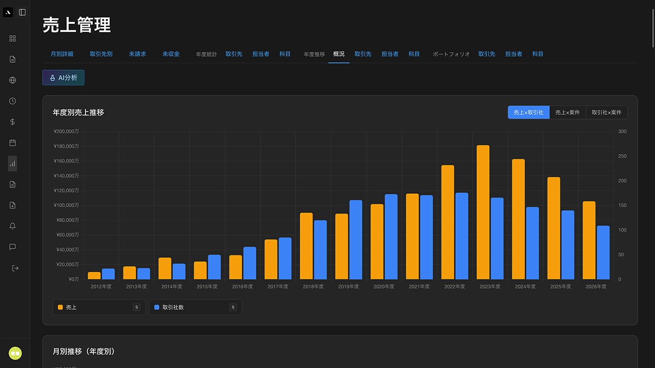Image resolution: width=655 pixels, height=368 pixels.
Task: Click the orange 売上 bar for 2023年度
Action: click(x=483, y=212)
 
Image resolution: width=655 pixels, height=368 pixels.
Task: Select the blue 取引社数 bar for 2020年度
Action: click(x=391, y=237)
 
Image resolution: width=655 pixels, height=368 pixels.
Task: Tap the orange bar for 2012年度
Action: click(x=94, y=275)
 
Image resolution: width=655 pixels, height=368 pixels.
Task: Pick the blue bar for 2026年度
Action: click(x=603, y=253)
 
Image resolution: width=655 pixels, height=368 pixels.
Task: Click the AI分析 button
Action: click(x=63, y=78)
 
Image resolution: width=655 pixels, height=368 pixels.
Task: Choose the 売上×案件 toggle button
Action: click(x=567, y=112)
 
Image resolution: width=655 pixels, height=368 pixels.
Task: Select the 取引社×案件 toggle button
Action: click(x=607, y=112)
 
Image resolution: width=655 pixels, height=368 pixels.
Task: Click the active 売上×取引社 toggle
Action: click(x=528, y=112)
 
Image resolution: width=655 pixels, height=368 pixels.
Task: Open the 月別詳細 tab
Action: click(x=62, y=54)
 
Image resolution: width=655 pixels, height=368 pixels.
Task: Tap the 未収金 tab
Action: click(x=171, y=54)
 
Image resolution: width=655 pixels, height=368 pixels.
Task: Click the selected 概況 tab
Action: click(x=339, y=54)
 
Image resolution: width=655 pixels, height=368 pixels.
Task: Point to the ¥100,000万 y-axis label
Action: click(x=66, y=205)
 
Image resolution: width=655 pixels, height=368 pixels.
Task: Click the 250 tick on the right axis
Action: click(x=622, y=156)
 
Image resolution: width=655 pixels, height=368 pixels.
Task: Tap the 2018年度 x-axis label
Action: click(x=313, y=287)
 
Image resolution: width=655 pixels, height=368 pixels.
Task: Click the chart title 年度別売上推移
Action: click(x=78, y=112)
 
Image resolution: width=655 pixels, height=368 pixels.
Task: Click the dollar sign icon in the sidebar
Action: click(x=12, y=122)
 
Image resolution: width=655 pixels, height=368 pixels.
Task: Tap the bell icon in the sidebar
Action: click(x=12, y=226)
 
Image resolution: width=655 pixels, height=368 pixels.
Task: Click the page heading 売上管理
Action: click(x=77, y=25)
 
